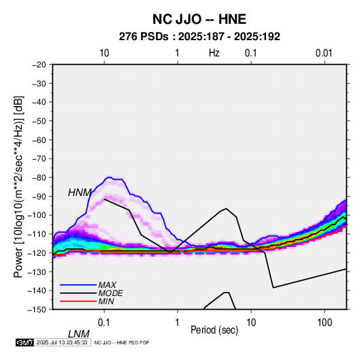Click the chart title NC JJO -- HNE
[199, 19]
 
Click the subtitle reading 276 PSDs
[144, 37]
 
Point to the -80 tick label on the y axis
[39, 178]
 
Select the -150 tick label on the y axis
[37, 310]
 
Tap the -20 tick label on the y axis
[39, 65]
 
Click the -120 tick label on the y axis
[37, 252]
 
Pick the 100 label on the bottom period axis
[325, 323]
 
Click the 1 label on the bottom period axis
[178, 323]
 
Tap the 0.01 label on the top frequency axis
[324, 53]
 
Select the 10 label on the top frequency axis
[104, 53]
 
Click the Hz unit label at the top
[214, 53]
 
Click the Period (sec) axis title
[214, 330]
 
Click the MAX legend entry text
[107, 285]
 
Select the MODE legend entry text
[110, 293]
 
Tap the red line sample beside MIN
[78, 301]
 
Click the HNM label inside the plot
[80, 193]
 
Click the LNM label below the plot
[79, 334]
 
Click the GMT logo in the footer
[25, 342]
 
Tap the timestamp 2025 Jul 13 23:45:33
[62, 342]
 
